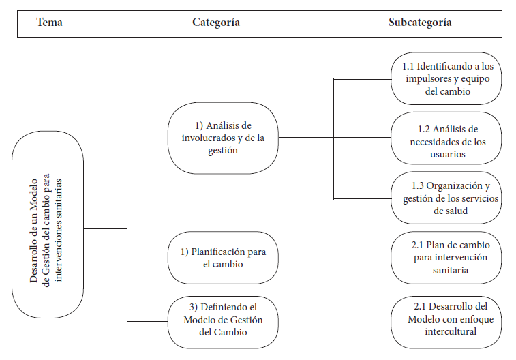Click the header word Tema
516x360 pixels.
point(49,22)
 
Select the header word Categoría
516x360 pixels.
point(216,22)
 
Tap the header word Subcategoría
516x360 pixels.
point(420,22)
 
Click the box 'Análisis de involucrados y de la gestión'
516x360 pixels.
point(223,138)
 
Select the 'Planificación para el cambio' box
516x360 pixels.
point(223,258)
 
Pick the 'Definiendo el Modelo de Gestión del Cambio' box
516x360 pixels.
point(223,322)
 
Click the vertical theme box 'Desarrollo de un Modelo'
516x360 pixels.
point(48,224)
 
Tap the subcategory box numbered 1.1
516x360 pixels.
point(446,78)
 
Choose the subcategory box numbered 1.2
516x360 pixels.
point(446,138)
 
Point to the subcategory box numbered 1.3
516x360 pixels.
point(446,198)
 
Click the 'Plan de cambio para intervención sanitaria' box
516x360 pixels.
point(446,258)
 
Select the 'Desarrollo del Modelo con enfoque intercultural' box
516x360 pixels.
point(446,322)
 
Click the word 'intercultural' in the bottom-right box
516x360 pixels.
point(451,331)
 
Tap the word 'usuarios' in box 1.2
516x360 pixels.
point(448,154)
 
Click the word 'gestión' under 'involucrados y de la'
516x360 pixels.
point(223,151)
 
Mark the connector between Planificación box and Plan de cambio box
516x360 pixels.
point(335,258)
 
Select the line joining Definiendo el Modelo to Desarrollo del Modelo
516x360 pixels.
point(335,320)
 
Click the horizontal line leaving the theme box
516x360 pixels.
point(105,228)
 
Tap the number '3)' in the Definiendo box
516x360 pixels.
point(194,307)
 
